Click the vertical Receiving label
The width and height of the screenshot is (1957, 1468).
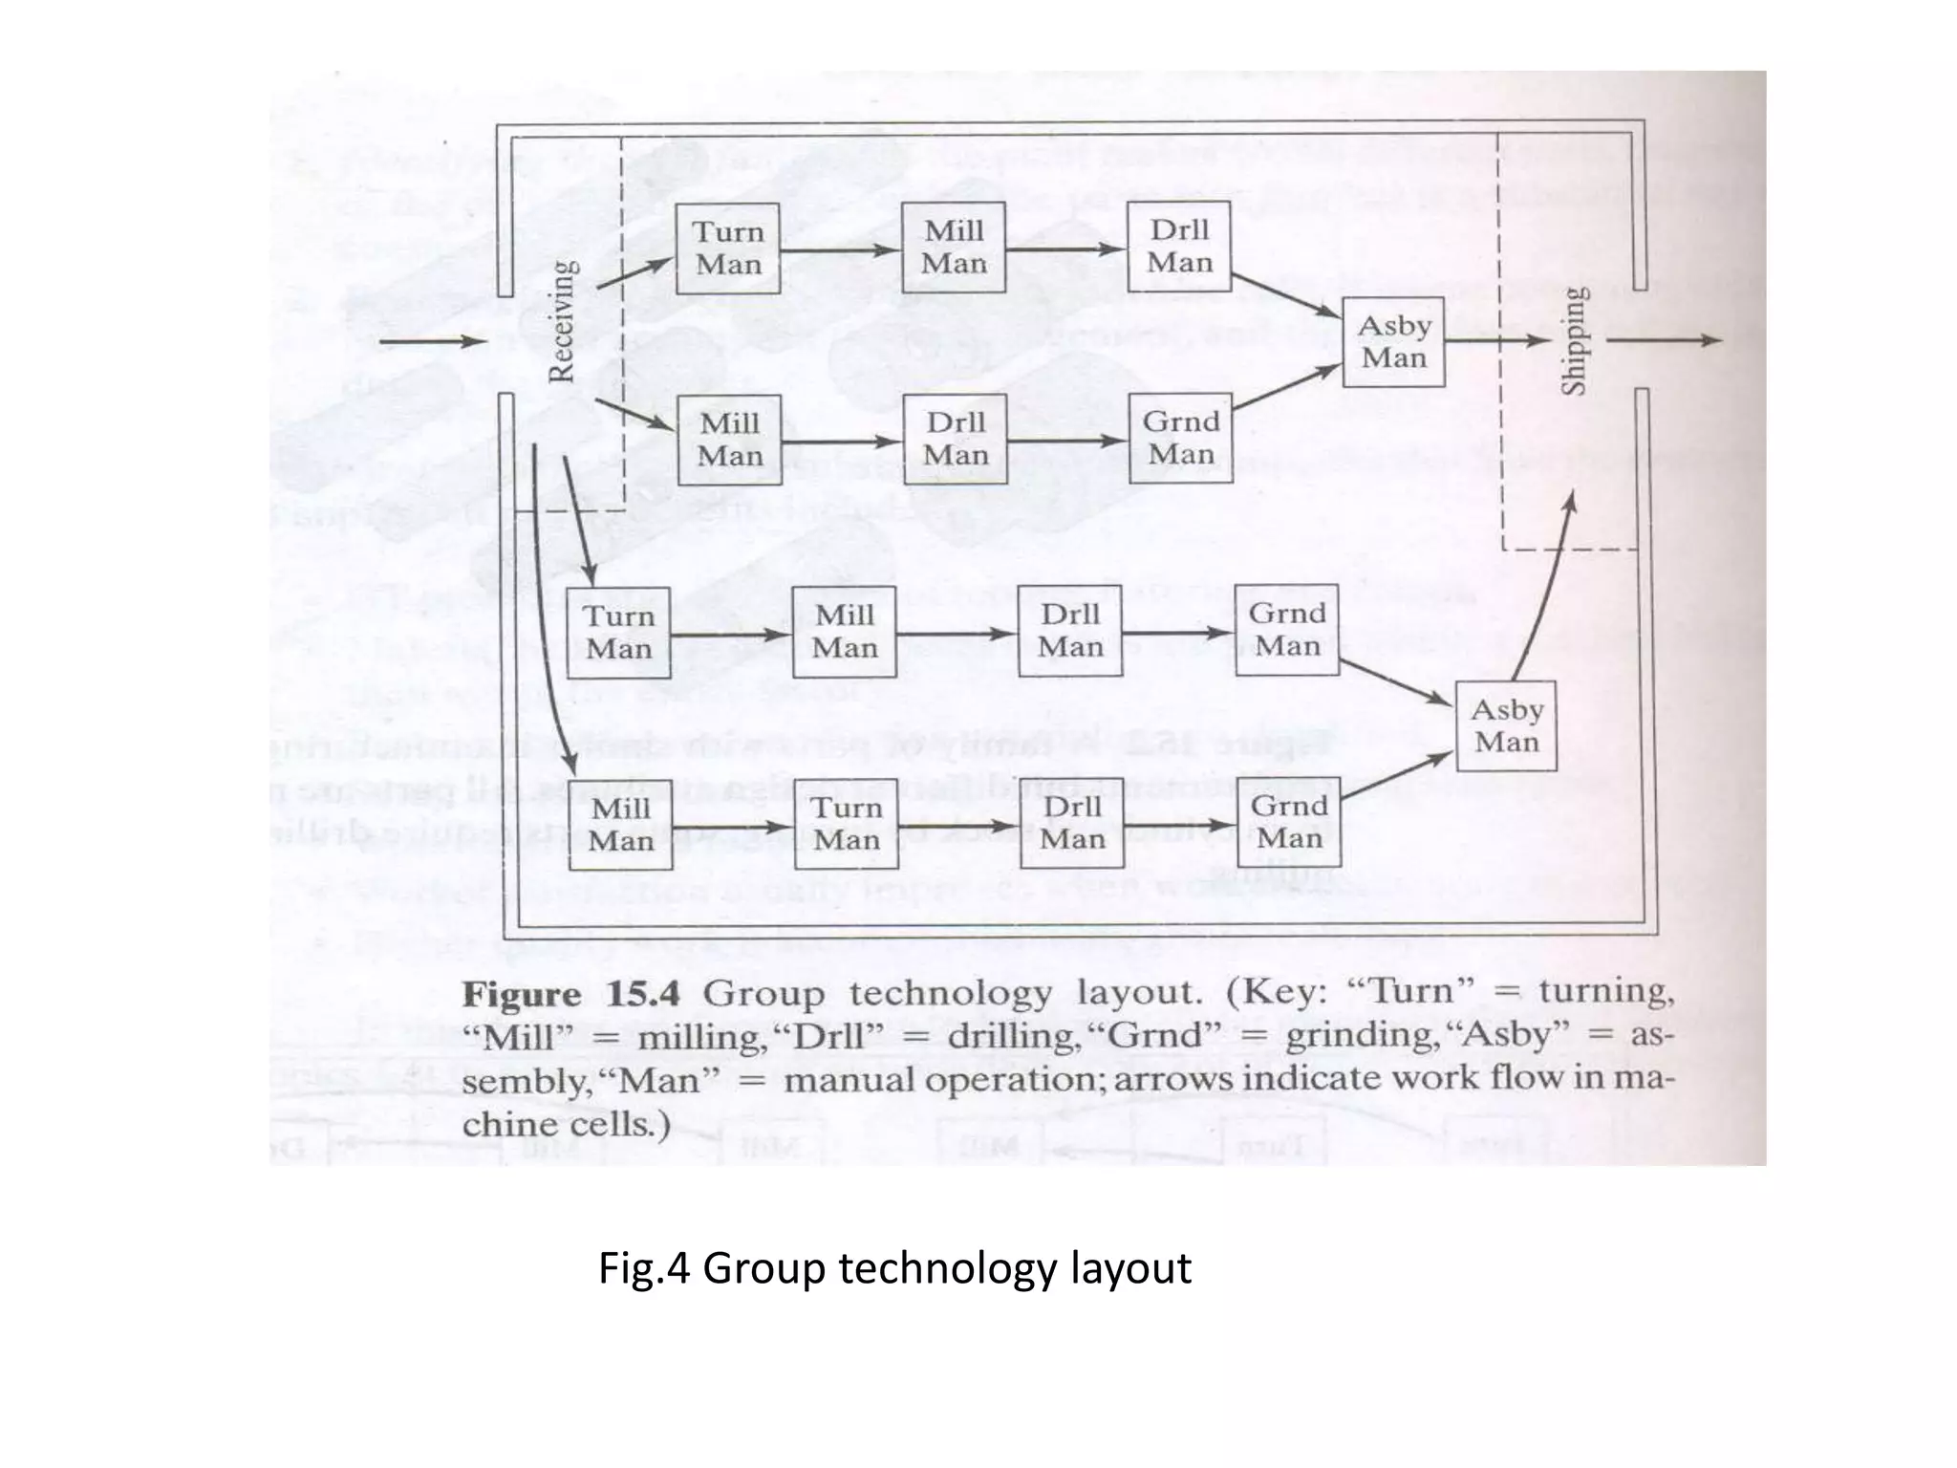point(563,321)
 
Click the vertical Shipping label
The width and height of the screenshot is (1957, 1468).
point(1573,341)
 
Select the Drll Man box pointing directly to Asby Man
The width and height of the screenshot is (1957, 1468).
point(1179,247)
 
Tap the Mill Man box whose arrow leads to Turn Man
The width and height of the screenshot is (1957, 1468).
point(620,824)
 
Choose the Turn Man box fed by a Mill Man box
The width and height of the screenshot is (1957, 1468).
point(846,824)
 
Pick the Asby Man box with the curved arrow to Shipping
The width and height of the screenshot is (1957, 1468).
point(1506,725)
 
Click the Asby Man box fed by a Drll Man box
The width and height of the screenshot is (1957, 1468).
point(1393,341)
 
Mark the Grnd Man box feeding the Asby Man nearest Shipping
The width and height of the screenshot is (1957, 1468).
point(1180,439)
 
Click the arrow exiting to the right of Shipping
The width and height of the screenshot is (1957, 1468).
point(1664,340)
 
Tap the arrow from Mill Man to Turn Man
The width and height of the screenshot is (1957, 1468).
point(732,828)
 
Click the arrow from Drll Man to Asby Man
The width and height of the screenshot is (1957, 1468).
point(1286,295)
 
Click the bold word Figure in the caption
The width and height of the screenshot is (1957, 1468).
point(522,995)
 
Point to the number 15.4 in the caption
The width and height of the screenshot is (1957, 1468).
point(643,994)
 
